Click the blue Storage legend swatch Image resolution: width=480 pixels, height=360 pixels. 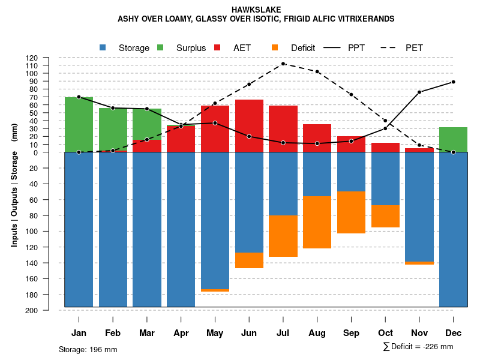pos(103,47)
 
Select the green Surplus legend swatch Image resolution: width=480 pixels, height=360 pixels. pos(160,47)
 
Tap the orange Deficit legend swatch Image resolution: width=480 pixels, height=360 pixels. pos(275,47)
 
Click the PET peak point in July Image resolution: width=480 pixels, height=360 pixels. pos(283,64)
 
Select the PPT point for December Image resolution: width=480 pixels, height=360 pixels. pos(454,82)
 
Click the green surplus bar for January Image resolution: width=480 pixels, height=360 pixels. pos(79,124)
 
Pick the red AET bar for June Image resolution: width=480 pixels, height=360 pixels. pos(249,126)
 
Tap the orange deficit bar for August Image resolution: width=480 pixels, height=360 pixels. pos(317,222)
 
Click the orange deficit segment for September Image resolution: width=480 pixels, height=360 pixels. pos(352,212)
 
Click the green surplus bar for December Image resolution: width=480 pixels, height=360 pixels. pos(454,139)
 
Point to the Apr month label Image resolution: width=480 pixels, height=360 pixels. pos(181,333)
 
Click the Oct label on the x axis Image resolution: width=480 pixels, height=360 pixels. pos(386,333)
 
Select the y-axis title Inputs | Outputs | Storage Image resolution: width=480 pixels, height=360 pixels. pos(14,184)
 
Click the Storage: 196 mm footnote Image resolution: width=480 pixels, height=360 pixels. pos(88,349)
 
